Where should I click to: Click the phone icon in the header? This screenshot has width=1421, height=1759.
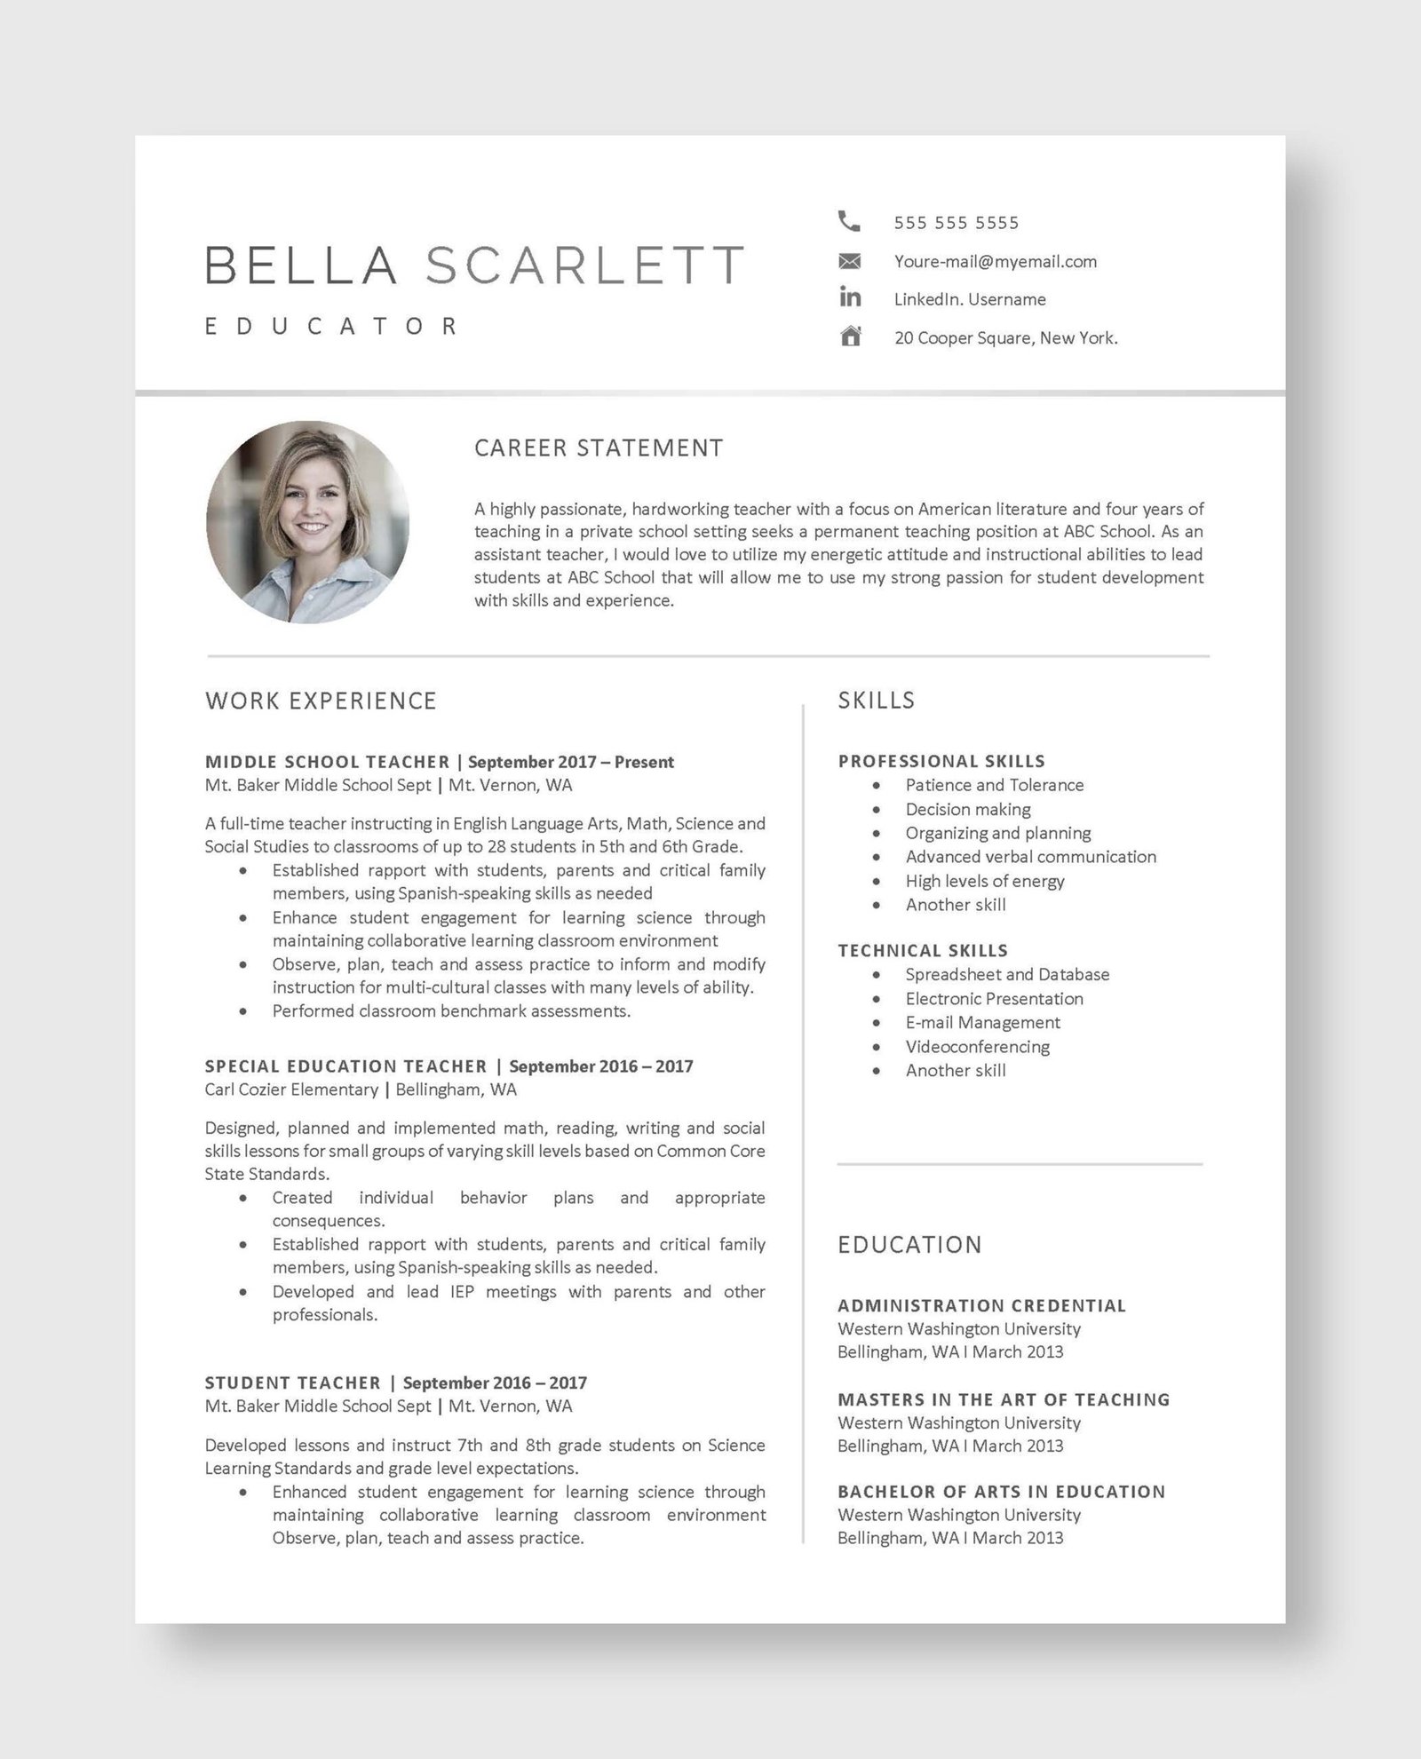tap(849, 221)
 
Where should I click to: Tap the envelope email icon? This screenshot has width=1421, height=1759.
tap(850, 261)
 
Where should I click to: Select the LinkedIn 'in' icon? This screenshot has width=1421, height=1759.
tap(850, 297)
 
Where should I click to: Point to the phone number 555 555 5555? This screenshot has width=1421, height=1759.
tap(957, 223)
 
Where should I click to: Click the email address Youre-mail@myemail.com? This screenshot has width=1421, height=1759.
tap(995, 262)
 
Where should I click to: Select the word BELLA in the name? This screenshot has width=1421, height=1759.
tap(300, 265)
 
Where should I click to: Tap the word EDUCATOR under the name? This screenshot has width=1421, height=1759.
tap(331, 327)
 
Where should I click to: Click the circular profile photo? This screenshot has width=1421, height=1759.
tap(307, 522)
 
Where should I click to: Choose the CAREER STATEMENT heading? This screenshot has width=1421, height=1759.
tap(599, 448)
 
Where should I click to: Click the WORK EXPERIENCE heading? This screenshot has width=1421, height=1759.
tap(321, 701)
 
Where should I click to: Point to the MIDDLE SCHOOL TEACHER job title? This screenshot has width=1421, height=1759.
tap(327, 762)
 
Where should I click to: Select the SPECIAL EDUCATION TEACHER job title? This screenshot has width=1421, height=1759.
tap(345, 1066)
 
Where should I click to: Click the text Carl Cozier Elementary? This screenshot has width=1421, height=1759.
tap(291, 1089)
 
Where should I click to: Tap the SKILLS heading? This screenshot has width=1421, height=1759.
tap(876, 701)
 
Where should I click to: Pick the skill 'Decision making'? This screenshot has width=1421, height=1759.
tap(968, 810)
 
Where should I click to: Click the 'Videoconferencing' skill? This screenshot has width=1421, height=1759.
tap(977, 1047)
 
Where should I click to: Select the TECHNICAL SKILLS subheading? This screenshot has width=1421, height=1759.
tap(923, 951)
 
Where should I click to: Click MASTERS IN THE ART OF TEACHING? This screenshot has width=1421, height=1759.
tap(1004, 1400)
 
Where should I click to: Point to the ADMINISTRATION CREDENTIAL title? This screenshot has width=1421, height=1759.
tap(981, 1306)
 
